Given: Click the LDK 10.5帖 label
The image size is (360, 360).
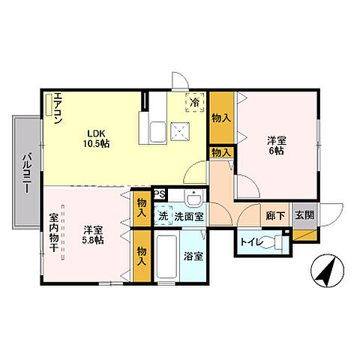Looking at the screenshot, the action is (96, 138).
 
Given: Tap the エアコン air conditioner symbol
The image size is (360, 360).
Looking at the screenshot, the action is (49, 104).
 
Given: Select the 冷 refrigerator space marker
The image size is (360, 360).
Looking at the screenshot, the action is (195, 103).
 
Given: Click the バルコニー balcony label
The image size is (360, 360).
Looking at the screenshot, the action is (28, 172).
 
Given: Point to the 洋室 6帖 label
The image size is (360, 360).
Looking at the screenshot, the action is (277, 145).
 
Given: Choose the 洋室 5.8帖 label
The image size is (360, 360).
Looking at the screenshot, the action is (93, 235).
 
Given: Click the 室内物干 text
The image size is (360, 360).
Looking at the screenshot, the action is (53, 232).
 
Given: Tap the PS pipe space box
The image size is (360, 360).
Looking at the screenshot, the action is (160, 194).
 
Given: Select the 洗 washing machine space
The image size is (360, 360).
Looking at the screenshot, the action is (163, 216).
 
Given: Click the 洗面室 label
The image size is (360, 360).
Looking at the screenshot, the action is (189, 217).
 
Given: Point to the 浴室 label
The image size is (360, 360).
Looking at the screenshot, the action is (193, 256).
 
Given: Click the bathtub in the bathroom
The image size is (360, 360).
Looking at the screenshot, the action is (166, 256).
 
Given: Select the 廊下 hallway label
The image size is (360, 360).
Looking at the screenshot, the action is (275, 216).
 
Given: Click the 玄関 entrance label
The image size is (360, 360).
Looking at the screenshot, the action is (304, 215).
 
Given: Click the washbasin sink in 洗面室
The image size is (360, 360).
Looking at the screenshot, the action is (194, 198).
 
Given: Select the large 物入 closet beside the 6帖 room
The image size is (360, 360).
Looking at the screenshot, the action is (221, 118).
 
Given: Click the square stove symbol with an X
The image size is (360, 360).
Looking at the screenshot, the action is (180, 132).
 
